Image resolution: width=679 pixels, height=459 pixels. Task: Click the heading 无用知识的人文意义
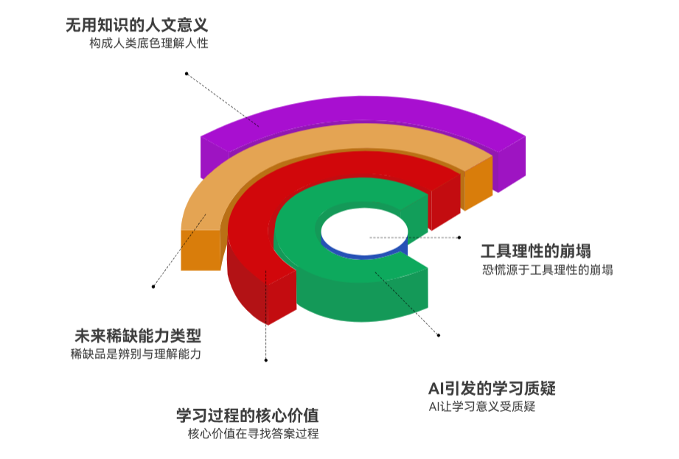[x=137, y=24]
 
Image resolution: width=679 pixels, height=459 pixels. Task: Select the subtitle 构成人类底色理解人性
[x=149, y=43]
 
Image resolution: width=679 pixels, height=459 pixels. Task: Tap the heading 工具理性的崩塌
[x=536, y=251]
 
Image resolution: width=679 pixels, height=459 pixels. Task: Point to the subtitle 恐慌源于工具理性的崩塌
[x=547, y=270]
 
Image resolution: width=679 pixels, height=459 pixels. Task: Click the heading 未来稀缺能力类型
[x=136, y=336]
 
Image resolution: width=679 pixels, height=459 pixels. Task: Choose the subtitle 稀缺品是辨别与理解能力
[x=136, y=354]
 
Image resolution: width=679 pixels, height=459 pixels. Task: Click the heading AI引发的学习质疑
[x=492, y=388]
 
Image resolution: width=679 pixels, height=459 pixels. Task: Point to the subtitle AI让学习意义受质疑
[x=481, y=407]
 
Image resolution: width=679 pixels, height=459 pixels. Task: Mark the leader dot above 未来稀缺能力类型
[x=153, y=286]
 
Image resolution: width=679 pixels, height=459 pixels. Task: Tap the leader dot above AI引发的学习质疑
[x=439, y=336]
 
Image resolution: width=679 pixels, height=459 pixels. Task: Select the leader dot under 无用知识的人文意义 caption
[x=187, y=74]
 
